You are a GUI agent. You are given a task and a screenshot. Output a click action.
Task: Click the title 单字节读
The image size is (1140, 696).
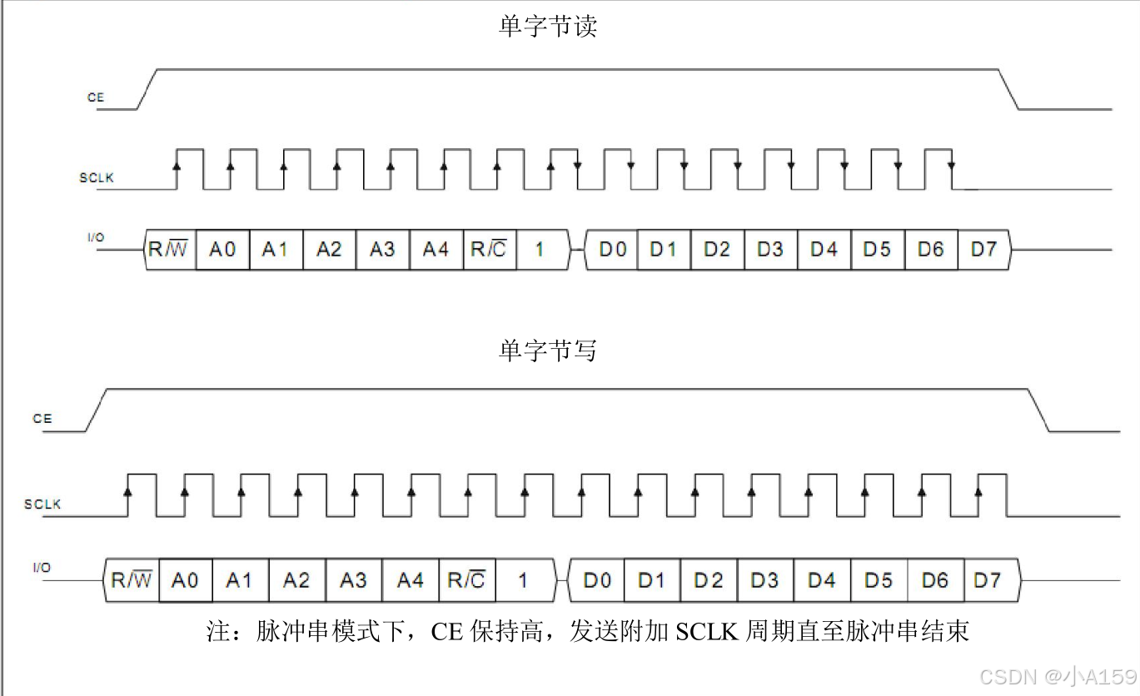547,27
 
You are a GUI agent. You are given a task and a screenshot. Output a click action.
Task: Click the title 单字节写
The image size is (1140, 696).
547,350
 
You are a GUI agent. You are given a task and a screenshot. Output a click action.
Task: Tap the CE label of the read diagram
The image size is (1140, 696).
96,97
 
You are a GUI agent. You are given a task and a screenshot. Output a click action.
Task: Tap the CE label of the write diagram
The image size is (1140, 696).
42,419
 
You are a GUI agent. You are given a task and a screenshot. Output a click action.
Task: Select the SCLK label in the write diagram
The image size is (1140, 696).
42,504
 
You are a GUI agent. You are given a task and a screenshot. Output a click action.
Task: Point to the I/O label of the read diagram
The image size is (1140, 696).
96,237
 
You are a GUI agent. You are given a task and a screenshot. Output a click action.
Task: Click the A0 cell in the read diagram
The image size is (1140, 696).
222,249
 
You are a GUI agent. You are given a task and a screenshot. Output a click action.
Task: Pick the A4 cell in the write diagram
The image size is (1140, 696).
410,579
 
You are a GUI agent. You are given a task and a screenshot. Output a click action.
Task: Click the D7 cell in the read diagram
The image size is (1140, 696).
983,249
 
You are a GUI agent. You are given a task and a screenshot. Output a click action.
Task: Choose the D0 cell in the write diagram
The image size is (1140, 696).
597,579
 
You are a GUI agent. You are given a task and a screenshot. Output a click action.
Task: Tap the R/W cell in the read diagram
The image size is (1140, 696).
170,249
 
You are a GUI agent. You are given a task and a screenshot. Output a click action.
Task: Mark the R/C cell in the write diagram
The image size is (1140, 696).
466,579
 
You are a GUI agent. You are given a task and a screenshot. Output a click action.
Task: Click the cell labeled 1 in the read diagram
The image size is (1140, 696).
540,249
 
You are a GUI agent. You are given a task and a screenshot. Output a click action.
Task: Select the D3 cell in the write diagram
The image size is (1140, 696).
765,579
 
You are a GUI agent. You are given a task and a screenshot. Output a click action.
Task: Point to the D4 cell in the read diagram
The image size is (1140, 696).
824,249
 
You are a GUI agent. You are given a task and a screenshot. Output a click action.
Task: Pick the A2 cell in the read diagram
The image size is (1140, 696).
329,249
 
